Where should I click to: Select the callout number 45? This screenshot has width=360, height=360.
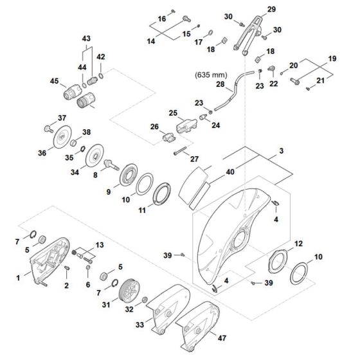pyautogui.click(x=54, y=81)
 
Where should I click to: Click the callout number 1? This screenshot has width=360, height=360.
pyautogui.click(x=19, y=277)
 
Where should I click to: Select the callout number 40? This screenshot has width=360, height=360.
pyautogui.click(x=231, y=172)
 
